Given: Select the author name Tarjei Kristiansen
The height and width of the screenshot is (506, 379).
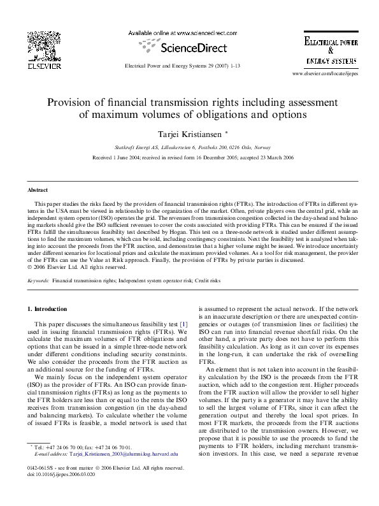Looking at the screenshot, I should [x=189, y=134].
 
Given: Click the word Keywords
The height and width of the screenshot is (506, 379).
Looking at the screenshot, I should [x=38, y=280].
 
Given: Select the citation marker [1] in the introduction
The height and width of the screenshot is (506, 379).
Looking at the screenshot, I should [x=183, y=324].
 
